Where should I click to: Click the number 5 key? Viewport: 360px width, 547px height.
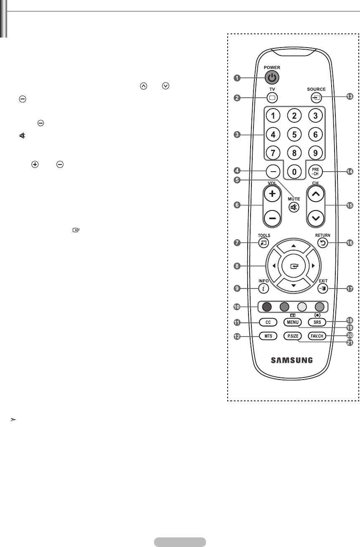(x=294, y=135)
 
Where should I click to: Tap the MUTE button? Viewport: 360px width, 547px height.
(x=294, y=207)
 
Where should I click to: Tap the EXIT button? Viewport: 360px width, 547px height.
(x=323, y=288)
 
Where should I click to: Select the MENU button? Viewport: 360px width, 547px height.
(x=292, y=323)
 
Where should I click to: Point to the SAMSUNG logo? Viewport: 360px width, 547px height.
(x=294, y=360)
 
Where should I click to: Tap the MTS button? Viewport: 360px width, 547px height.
(x=268, y=336)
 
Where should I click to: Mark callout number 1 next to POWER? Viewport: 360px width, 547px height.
(x=237, y=77)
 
